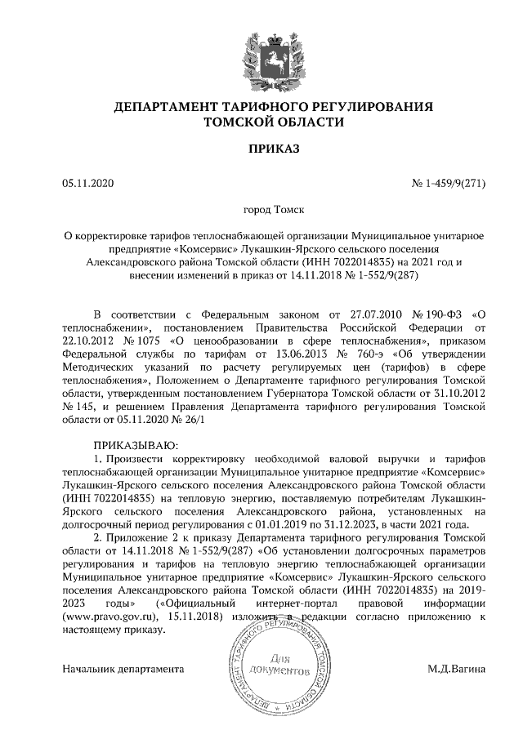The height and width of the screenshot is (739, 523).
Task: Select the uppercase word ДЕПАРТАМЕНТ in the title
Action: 163,107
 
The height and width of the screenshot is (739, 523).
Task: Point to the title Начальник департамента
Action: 123,669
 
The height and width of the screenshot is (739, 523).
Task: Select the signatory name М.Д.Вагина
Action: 456,669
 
